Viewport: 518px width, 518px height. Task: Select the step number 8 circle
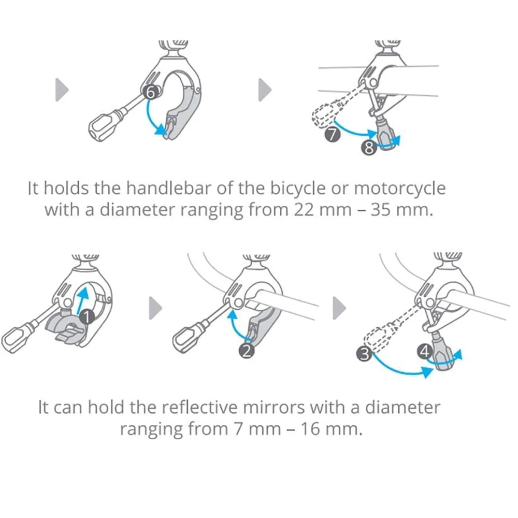[x=368, y=149]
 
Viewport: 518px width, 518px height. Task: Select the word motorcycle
[x=399, y=188]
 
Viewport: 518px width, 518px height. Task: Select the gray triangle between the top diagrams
[x=265, y=91]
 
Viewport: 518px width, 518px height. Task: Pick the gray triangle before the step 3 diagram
[x=339, y=309]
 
